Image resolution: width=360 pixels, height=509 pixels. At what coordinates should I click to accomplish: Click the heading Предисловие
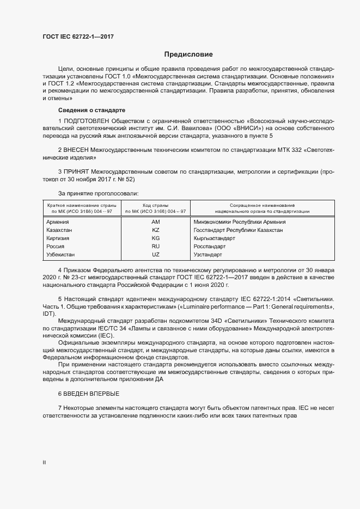189,54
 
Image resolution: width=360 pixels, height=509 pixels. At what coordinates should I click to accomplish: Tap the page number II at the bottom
44,463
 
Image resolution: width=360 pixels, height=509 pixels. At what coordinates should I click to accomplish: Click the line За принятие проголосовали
98,193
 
